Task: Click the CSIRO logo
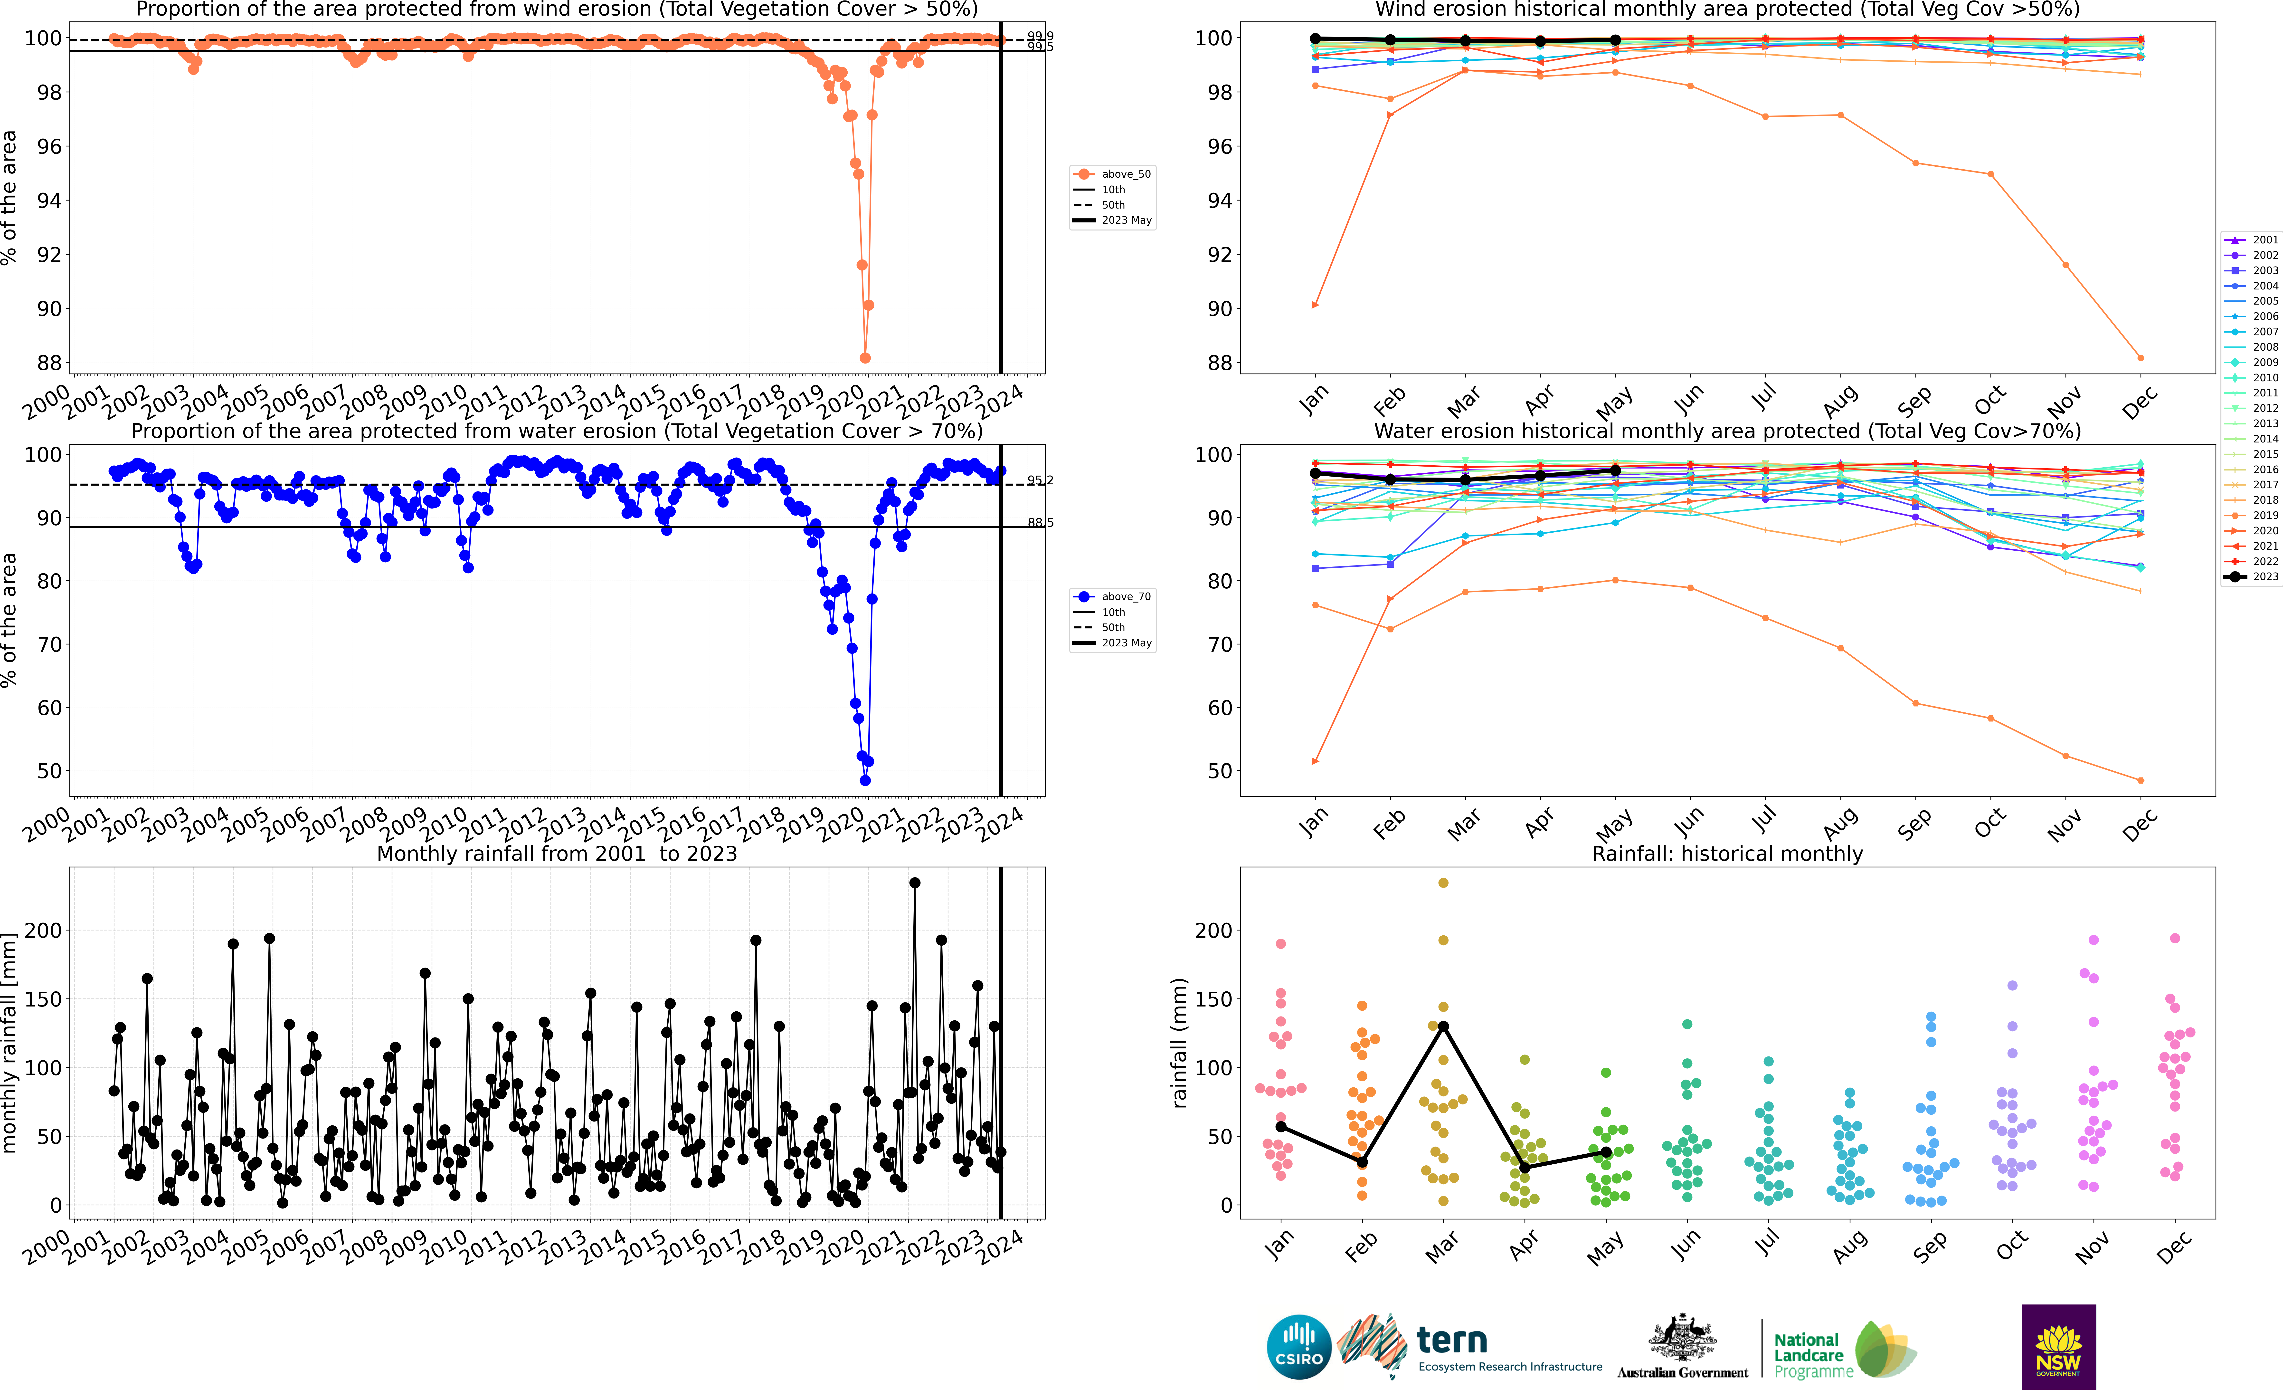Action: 1299,1346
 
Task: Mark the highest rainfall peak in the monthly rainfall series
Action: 915,883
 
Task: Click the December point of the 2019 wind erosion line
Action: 2140,358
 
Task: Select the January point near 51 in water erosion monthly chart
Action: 1315,762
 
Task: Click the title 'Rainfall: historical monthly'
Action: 1727,853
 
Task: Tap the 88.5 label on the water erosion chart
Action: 1040,523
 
